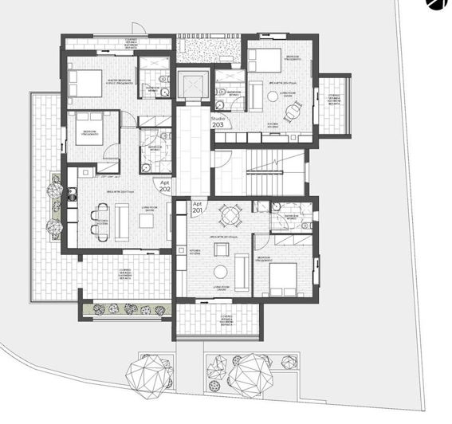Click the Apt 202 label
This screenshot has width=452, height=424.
165,186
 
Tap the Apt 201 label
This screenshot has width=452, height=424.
198,206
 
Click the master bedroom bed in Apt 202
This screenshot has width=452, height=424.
85,81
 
